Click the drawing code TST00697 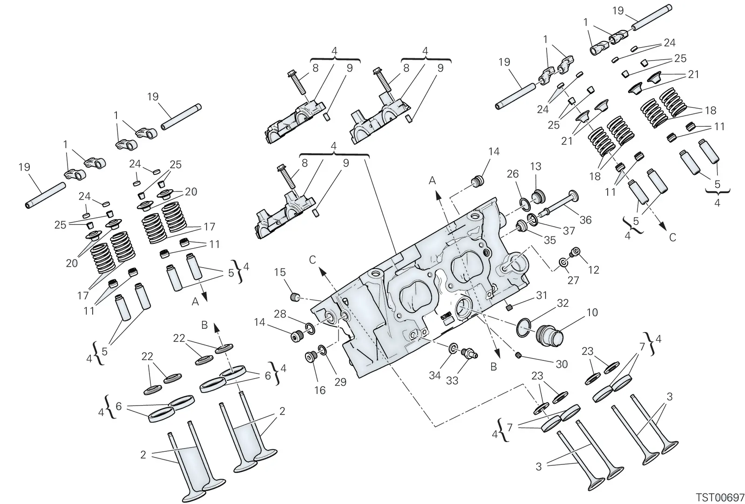click(719, 497)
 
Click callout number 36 click(585, 220)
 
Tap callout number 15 click(280, 272)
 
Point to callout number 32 click(563, 303)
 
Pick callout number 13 click(536, 166)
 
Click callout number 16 click(319, 390)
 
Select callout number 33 click(452, 380)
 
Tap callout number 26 click(513, 173)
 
